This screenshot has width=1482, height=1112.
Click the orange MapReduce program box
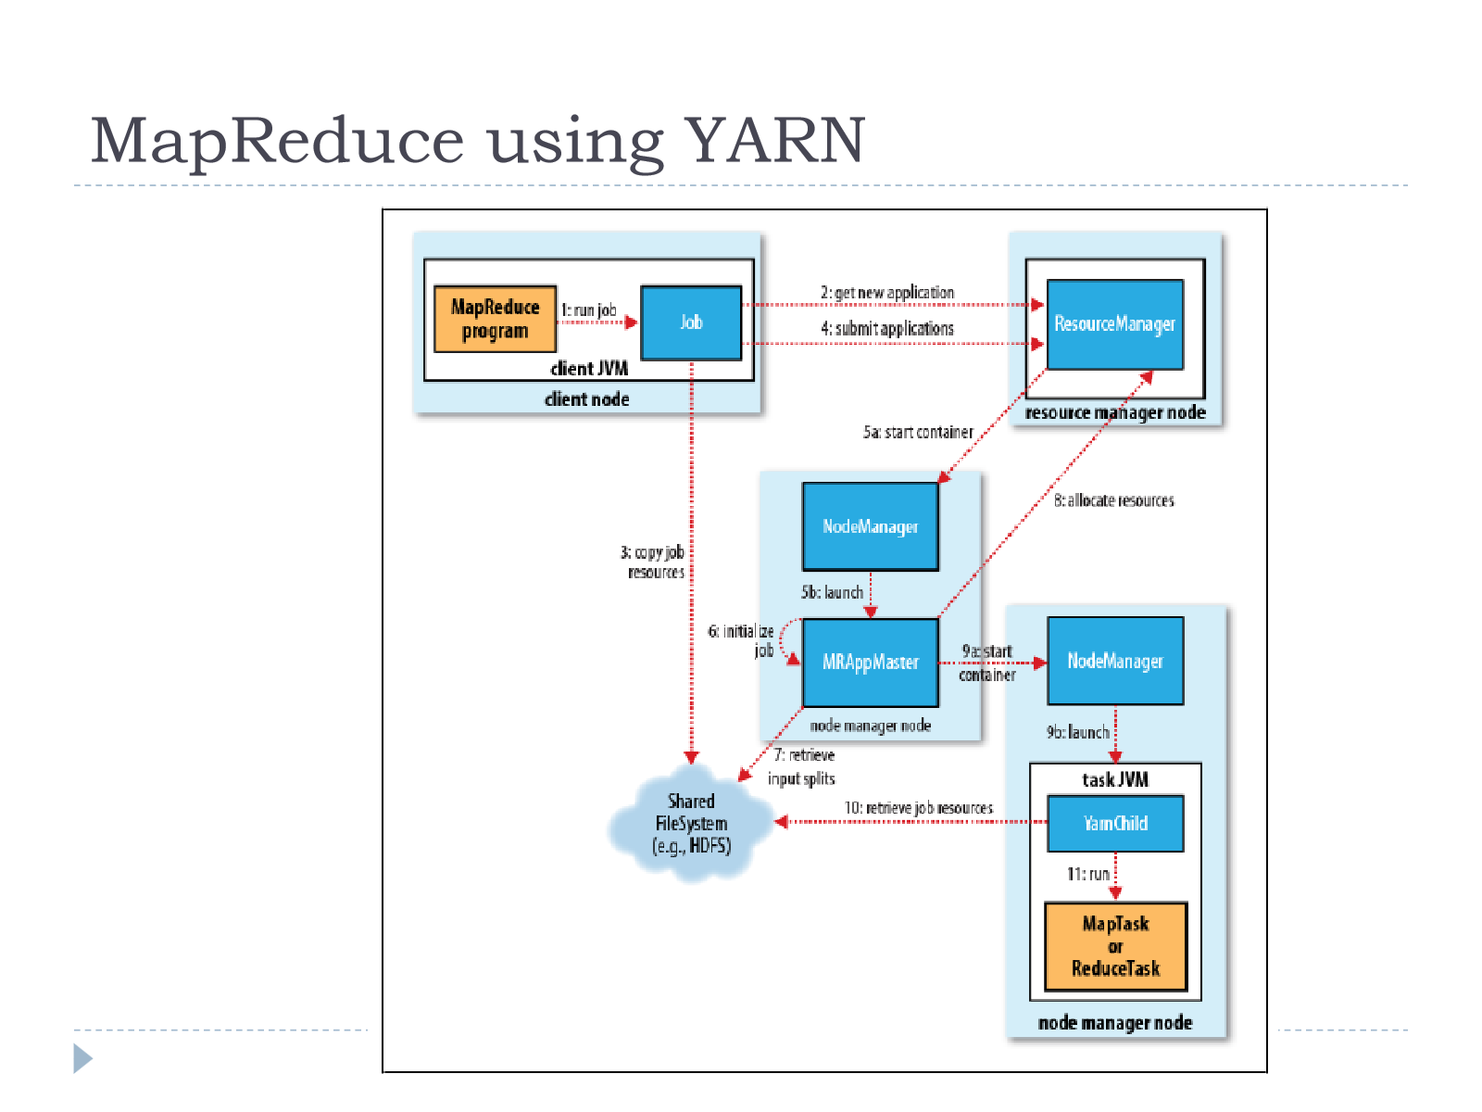[495, 319]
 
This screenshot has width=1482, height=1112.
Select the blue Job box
[691, 322]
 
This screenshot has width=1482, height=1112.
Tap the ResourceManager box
[1114, 324]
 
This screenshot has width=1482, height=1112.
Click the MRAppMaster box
[871, 662]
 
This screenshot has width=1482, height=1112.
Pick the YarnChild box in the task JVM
[1115, 823]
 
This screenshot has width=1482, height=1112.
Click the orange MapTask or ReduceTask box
[1115, 946]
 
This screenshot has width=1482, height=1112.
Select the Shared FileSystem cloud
[691, 823]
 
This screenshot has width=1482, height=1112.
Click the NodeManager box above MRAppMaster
[871, 526]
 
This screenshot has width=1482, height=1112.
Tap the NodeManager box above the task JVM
[1115, 661]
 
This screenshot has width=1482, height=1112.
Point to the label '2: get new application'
[887, 292]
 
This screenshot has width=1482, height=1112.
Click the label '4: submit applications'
[887, 328]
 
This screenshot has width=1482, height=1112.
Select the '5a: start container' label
[918, 432]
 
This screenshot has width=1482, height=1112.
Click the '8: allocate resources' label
[1114, 500]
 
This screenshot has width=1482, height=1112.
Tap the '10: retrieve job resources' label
[918, 807]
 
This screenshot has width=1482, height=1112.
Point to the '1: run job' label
[589, 310]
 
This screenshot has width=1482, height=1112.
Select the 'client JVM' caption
[589, 369]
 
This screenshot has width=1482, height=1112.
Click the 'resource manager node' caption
[1115, 412]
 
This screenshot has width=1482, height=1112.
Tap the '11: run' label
[1087, 874]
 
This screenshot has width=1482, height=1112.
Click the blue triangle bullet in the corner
[82, 1058]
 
